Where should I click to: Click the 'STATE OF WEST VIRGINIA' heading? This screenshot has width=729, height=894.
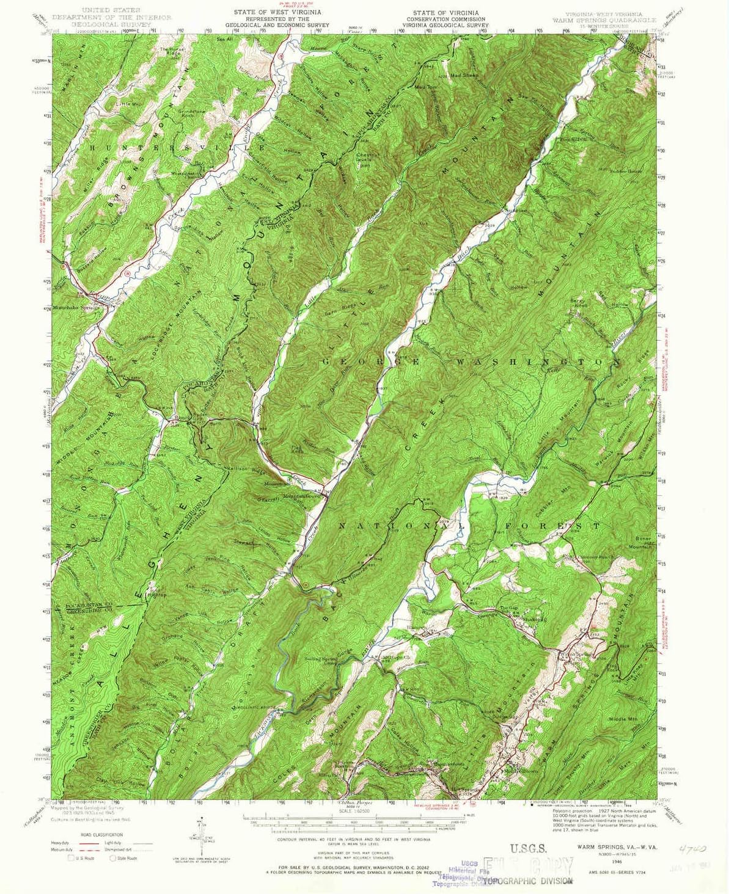(277, 12)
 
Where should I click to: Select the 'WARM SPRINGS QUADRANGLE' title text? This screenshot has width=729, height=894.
(604, 20)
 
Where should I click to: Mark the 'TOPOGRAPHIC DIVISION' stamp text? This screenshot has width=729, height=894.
(527, 881)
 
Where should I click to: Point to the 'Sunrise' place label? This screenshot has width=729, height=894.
(515, 211)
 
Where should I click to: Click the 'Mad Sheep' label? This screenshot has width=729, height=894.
(464, 75)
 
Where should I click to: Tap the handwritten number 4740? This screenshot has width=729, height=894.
(692, 848)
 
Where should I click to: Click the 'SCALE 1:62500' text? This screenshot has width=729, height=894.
(351, 810)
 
